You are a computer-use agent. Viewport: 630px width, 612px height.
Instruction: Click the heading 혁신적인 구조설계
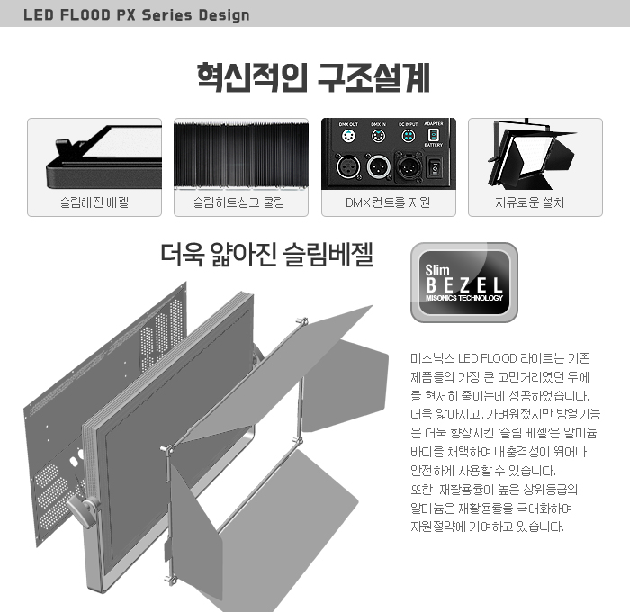[314, 77]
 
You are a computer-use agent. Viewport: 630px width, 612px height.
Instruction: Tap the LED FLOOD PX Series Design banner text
[137, 15]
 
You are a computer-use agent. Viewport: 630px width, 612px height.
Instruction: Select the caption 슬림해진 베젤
[94, 202]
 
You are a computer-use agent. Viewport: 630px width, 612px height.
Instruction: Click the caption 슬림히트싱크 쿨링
[240, 202]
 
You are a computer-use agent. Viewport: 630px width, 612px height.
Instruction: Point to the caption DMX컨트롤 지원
[388, 202]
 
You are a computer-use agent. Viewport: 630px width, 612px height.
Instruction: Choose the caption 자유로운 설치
[535, 202]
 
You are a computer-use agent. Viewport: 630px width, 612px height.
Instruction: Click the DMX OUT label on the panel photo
[347, 124]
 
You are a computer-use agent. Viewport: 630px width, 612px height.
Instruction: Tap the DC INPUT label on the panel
[408, 124]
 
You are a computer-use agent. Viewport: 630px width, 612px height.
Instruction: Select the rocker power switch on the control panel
[436, 166]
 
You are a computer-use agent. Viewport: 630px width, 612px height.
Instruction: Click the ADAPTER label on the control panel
[434, 124]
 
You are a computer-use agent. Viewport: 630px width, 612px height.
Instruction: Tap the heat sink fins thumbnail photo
[240, 154]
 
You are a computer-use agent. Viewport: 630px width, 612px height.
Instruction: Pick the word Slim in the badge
[437, 268]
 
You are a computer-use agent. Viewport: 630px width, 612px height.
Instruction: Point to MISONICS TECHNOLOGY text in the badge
[464, 298]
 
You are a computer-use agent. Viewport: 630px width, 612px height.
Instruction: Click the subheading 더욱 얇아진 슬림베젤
[266, 256]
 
